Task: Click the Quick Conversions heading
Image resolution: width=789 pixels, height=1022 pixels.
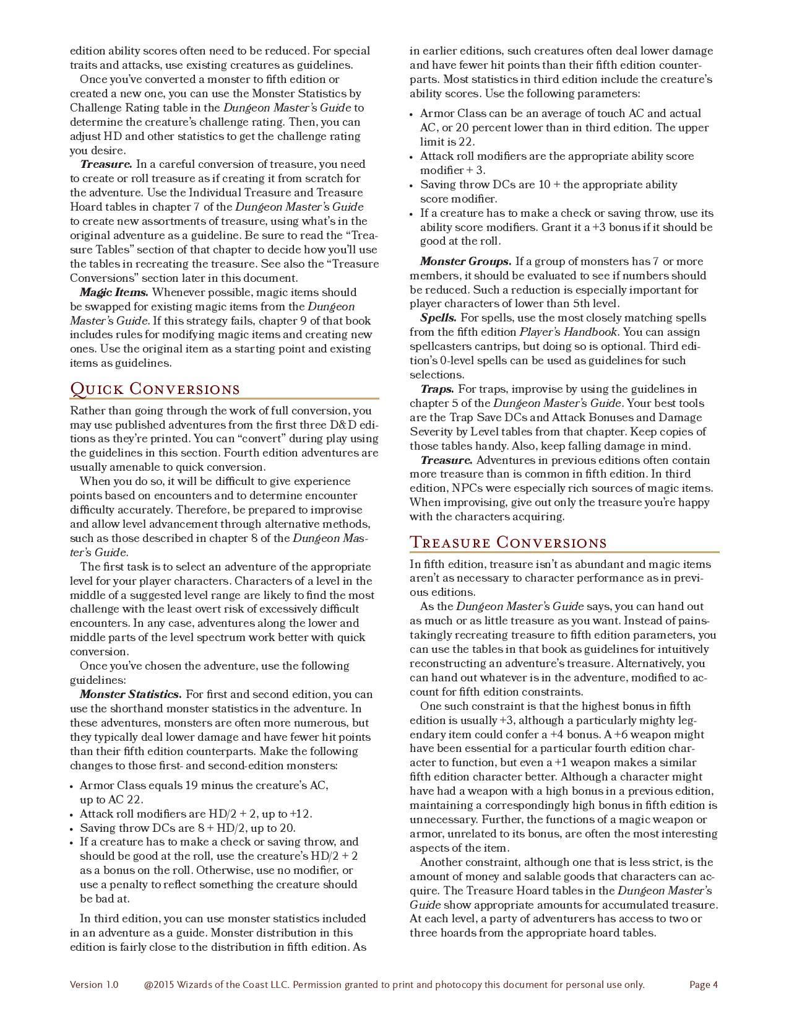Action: pyautogui.click(x=155, y=389)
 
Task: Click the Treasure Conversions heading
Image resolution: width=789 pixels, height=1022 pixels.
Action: pyautogui.click(x=508, y=543)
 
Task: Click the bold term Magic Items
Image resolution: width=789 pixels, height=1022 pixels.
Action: pyautogui.click(x=114, y=292)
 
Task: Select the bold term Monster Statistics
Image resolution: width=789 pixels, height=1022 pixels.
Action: pyautogui.click(x=131, y=694)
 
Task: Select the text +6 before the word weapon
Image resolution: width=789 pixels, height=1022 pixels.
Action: pyautogui.click(x=639, y=735)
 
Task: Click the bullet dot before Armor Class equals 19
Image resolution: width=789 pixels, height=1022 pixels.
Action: pyautogui.click(x=73, y=786)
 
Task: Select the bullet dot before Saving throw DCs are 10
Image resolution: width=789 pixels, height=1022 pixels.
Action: pyautogui.click(x=413, y=185)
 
